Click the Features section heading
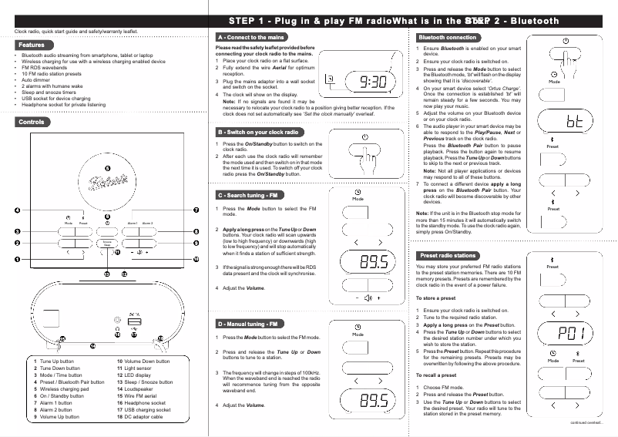(x=32, y=45)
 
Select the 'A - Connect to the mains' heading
(x=252, y=37)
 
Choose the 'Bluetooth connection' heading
(x=448, y=37)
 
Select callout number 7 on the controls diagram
(x=196, y=210)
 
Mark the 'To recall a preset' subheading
(x=436, y=375)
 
